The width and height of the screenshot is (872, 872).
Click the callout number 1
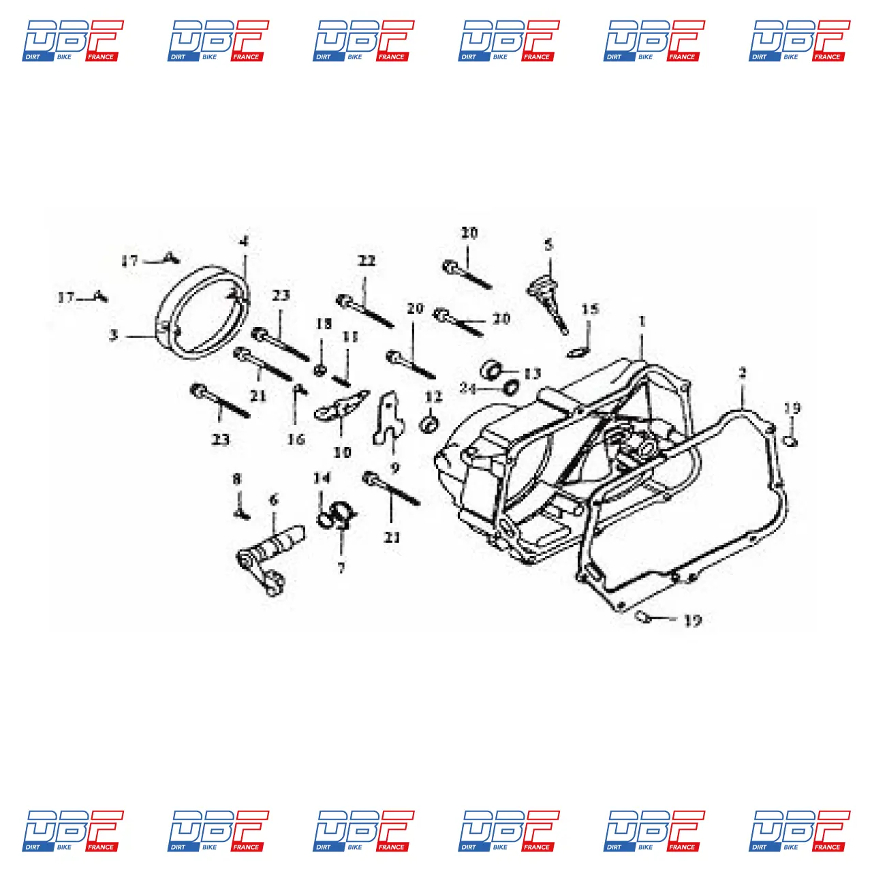642,321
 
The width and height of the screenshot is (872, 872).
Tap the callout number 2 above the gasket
743,373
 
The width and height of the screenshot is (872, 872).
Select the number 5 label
549,245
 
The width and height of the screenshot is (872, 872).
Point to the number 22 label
367,261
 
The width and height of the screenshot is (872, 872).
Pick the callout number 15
590,309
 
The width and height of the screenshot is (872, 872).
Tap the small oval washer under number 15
576,352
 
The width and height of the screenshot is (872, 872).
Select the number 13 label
532,373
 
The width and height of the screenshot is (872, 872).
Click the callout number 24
467,388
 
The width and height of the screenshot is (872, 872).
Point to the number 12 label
433,397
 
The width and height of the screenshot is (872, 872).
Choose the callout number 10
342,452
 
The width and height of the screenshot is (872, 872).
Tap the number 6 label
274,501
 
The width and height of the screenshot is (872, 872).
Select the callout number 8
236,479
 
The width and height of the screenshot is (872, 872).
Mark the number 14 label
322,478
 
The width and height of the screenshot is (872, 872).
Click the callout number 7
341,567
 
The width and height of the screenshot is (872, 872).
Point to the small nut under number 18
320,369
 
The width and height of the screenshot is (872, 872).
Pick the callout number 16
296,439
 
